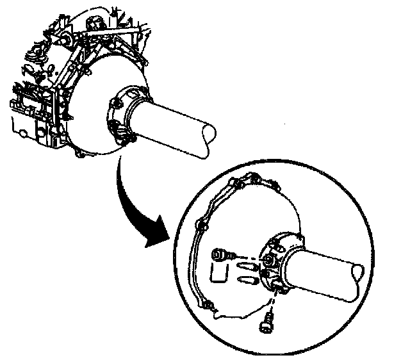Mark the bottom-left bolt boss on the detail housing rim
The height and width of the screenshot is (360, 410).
pos(207,307)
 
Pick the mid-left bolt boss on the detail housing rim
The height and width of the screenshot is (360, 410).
pos(201,225)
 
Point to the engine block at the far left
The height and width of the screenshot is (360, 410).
pos(32,102)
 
